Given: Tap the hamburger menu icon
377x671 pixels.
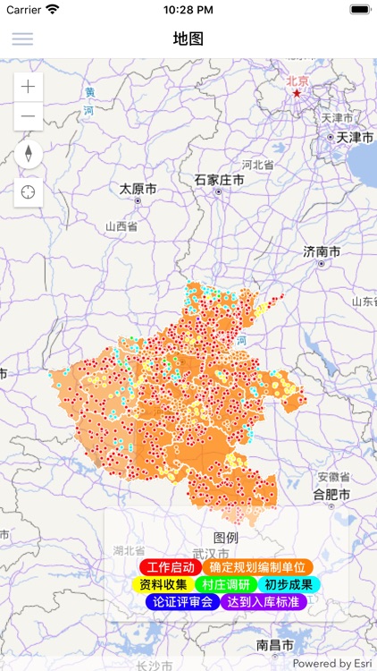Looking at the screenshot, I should (22, 38).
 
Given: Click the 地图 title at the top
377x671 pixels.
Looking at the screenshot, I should (188, 38).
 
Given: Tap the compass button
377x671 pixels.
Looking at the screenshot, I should (29, 154).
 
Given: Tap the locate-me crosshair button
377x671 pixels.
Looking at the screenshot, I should (29, 192).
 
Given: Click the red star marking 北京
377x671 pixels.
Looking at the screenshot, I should (297, 92).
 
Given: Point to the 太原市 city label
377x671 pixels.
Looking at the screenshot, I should (138, 190).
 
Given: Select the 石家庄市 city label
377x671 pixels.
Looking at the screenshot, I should (220, 180).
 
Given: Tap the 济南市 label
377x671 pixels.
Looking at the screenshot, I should (322, 252).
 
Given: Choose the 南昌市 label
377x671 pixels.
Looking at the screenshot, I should (275, 645).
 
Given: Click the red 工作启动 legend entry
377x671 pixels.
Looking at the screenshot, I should (170, 567).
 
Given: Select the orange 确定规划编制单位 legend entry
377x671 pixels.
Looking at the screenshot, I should (257, 567).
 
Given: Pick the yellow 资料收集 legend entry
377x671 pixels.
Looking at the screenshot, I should (163, 584).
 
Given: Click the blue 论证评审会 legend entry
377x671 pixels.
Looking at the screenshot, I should (182, 602).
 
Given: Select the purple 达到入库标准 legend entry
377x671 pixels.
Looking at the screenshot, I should (264, 602).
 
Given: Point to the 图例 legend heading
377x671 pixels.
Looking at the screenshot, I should (226, 538).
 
